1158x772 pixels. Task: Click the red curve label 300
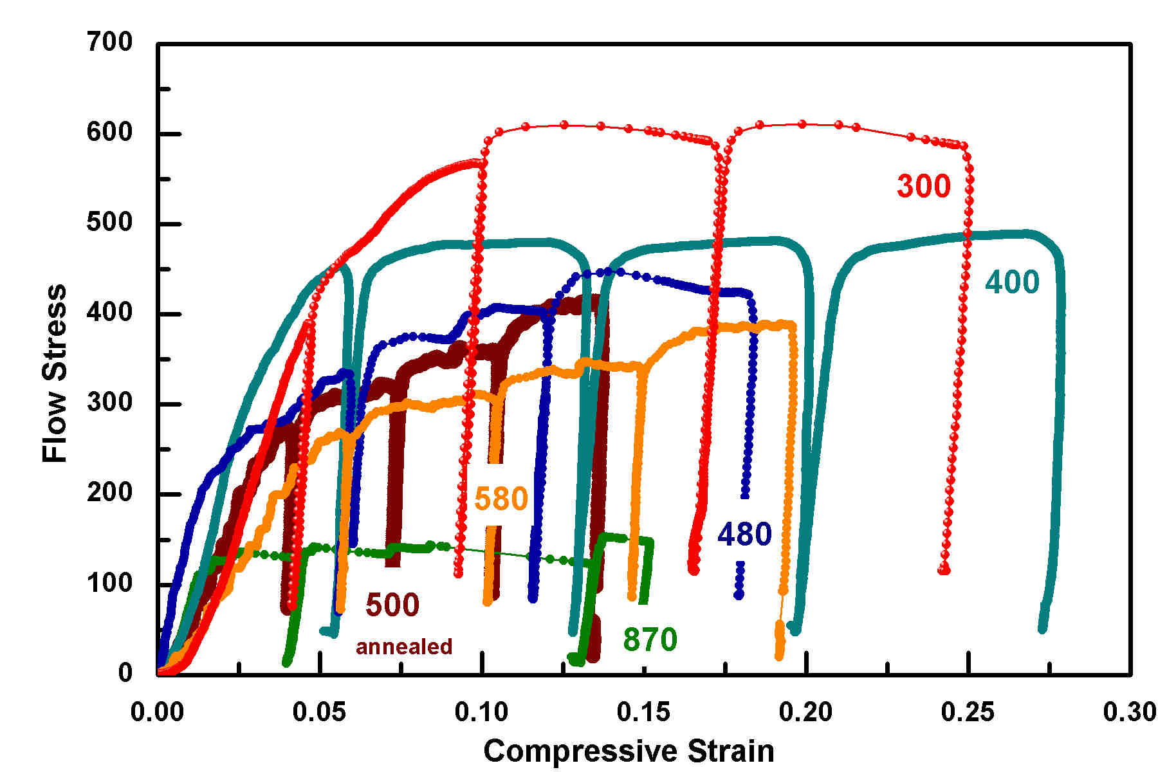coord(923,186)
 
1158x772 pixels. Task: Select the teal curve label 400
coord(1012,282)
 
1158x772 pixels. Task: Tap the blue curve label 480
coord(744,534)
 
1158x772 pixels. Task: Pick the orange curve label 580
coord(501,499)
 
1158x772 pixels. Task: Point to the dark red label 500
coord(392,605)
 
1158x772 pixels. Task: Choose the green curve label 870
coord(650,639)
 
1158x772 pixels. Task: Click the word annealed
coord(404,646)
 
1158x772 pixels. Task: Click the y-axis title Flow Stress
coord(55,373)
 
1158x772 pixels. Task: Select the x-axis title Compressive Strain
coord(629,751)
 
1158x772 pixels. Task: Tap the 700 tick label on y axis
coord(109,42)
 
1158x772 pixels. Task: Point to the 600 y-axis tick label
coord(109,133)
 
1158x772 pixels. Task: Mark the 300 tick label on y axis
coord(109,403)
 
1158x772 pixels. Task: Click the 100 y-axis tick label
coord(109,583)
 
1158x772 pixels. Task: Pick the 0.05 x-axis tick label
coord(320,712)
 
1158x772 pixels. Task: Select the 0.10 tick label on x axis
coord(482,712)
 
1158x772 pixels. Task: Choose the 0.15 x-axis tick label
coord(644,712)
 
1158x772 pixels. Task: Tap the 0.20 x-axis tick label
coord(806,712)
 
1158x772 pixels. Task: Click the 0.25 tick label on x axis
coord(968,712)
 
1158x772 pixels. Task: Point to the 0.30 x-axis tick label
coord(1130,712)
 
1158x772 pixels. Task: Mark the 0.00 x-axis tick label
coord(158,712)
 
